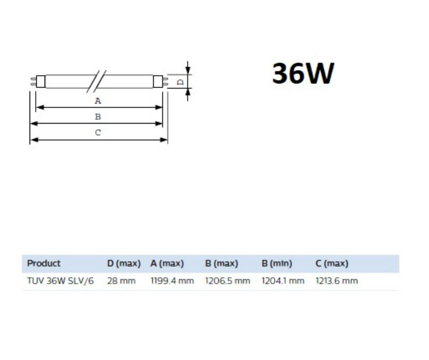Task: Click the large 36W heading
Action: coord(303,73)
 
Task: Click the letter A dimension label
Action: coord(98,101)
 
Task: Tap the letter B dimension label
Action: coord(98,117)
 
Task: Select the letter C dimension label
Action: coord(98,133)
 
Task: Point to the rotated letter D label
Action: coord(181,82)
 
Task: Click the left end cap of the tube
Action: coord(41,82)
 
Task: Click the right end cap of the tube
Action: coord(158,82)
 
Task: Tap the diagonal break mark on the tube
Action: coord(96,82)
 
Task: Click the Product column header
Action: coord(44,263)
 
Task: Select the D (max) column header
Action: coord(124,263)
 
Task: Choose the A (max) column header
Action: coord(167,263)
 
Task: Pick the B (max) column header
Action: coord(221,263)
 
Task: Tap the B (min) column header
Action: coord(277,263)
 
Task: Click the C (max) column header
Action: coord(332,263)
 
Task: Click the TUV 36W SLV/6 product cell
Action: coord(60,281)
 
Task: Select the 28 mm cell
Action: coord(121,281)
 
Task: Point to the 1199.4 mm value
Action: coord(172,281)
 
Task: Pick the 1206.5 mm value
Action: coord(228,281)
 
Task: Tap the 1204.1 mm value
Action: coord(283,281)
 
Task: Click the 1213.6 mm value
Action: coord(337,281)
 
